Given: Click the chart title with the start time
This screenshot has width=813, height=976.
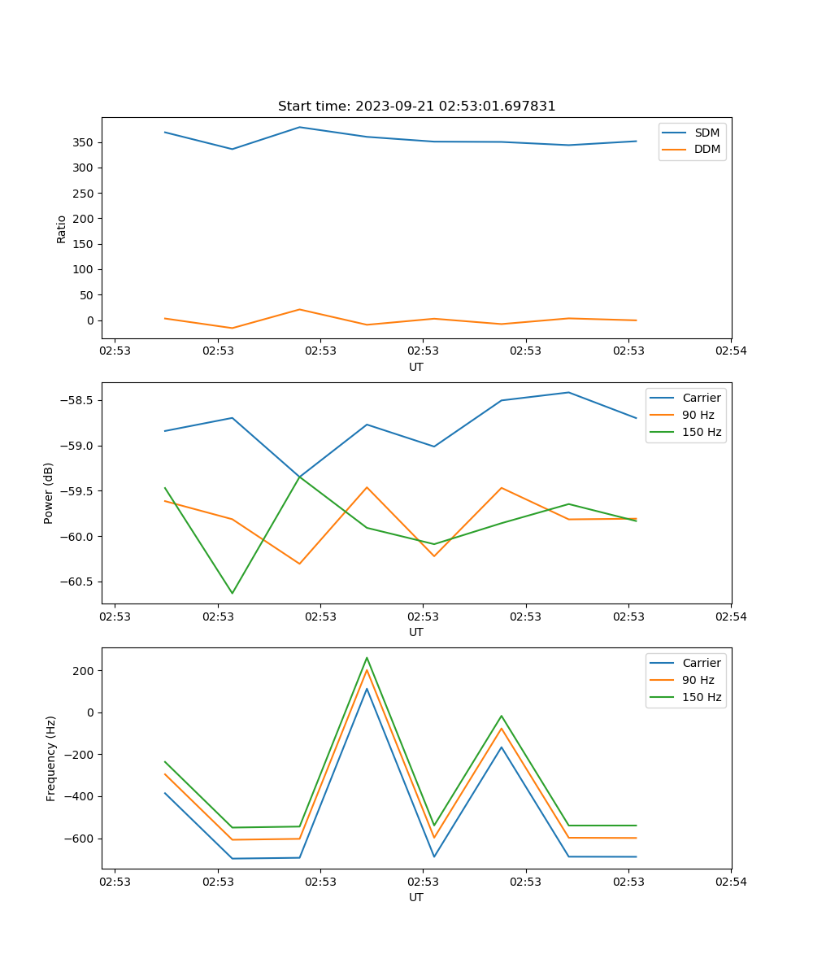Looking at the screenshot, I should coord(416,107).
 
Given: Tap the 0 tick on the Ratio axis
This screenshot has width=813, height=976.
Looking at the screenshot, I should coord(92,320).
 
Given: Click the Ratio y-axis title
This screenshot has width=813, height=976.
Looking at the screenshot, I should coord(62,229).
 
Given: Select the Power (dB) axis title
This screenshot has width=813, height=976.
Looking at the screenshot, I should coord(50,493).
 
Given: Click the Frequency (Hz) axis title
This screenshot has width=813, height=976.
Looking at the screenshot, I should coord(51,758).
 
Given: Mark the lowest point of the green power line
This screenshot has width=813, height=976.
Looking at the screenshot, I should coord(233,593).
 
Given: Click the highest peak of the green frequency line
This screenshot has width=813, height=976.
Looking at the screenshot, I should coord(367,657).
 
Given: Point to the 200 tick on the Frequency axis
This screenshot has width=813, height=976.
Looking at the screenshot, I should coord(85,671).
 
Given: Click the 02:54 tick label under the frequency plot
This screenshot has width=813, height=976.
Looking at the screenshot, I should coord(731,881).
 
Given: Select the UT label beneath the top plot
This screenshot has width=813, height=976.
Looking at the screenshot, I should coord(416,367).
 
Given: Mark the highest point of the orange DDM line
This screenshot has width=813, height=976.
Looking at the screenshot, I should coord(300,309).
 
